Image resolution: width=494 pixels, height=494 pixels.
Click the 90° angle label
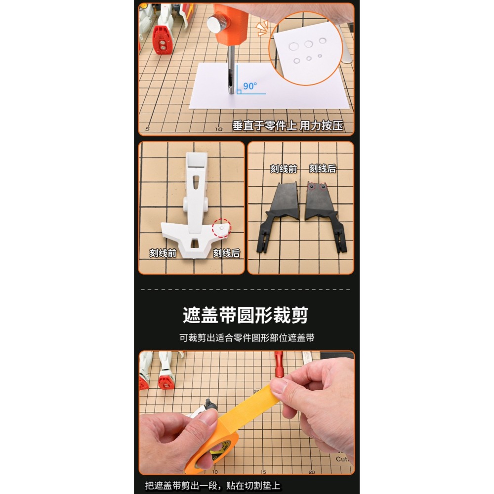click(x=250, y=86)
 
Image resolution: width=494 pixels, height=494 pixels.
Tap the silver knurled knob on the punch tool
click(x=217, y=23)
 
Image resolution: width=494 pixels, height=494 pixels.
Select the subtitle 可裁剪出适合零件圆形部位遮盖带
click(x=247, y=338)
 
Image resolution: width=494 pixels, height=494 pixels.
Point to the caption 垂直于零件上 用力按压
click(x=294, y=125)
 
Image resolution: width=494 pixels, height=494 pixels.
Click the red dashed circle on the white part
click(x=221, y=229)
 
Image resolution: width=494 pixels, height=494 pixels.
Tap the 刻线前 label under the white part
click(x=163, y=253)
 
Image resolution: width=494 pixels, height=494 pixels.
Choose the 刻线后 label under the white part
click(x=226, y=253)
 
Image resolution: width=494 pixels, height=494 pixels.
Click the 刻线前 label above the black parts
click(x=284, y=168)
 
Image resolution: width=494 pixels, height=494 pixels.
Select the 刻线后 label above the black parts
click(x=323, y=168)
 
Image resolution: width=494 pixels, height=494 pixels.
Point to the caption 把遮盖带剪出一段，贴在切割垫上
click(x=213, y=486)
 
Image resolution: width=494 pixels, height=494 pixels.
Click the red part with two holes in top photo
click(x=162, y=40)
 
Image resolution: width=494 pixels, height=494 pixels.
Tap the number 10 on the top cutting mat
click(x=218, y=129)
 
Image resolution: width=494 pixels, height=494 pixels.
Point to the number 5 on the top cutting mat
click(x=147, y=129)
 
